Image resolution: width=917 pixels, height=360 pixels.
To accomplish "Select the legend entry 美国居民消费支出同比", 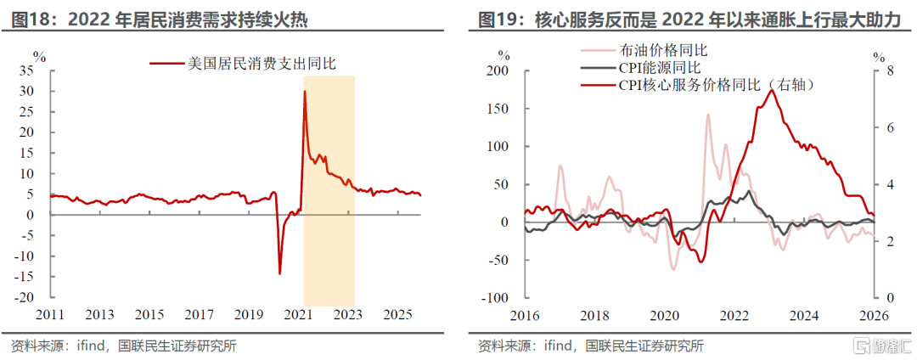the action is (x=243, y=63).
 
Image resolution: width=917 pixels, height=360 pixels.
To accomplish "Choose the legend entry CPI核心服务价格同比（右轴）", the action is (x=698, y=85).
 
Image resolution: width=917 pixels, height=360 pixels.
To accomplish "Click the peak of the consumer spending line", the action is (x=305, y=91).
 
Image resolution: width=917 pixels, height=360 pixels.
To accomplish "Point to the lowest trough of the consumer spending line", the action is (x=279, y=273).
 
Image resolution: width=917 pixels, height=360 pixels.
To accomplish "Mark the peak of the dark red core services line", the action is (x=773, y=90).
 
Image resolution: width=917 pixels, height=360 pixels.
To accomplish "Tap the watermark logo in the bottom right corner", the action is (x=884, y=345).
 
